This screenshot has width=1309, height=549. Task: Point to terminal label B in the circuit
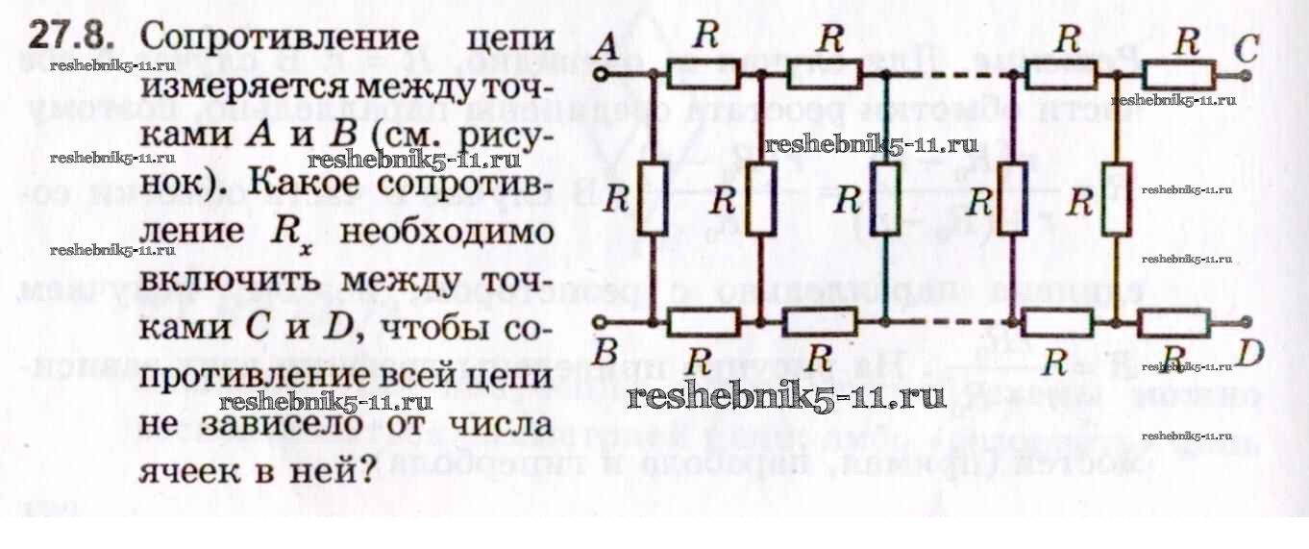pyautogui.click(x=605, y=353)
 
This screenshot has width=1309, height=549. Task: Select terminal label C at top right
pyautogui.click(x=1247, y=45)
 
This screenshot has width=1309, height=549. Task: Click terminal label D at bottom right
pyautogui.click(x=1248, y=355)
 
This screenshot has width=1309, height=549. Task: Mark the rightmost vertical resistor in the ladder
pyautogui.click(x=1116, y=199)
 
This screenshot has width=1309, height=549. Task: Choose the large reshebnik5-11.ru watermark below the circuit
pyautogui.click(x=786, y=395)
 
